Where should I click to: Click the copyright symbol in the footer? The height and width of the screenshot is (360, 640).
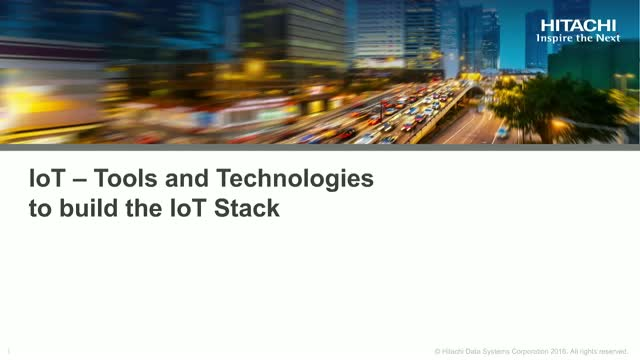[438, 350]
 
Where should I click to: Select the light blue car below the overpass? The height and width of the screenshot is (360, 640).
[501, 131]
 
